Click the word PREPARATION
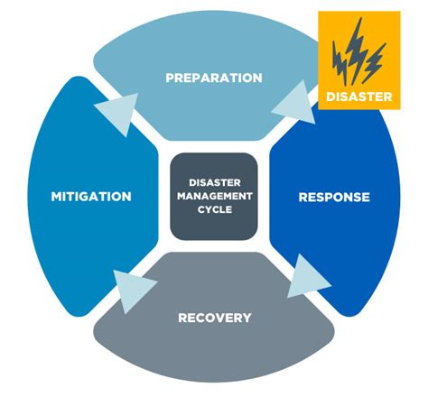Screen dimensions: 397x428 point(214,78)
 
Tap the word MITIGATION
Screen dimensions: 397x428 point(91,197)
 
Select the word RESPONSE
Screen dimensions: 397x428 point(333,197)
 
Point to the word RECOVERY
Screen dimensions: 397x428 point(214,318)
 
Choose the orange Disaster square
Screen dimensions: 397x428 point(358,60)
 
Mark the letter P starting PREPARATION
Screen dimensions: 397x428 point(170,78)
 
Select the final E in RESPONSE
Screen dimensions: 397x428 point(365,197)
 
